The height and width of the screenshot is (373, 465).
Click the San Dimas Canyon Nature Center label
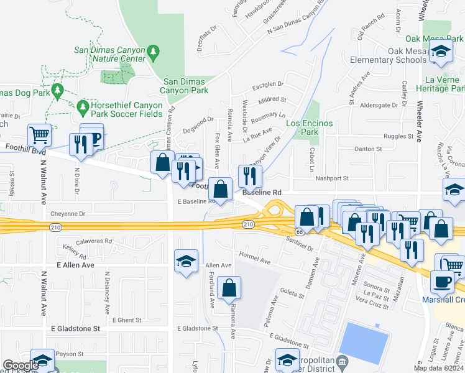(109, 54)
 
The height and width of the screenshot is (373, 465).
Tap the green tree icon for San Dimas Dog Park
(58, 91)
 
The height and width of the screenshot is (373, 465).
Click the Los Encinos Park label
(310, 127)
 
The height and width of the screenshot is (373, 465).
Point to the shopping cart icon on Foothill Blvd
(39, 134)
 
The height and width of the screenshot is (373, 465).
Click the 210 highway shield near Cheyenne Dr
(56, 228)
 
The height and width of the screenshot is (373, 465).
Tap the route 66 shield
(298, 231)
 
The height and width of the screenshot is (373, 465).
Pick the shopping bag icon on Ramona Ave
(229, 287)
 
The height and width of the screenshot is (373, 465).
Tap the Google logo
(21, 366)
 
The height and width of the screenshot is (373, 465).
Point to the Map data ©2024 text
(438, 368)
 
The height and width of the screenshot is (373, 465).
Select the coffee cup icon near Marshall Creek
(442, 282)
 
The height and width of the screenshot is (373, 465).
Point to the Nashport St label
(332, 178)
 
